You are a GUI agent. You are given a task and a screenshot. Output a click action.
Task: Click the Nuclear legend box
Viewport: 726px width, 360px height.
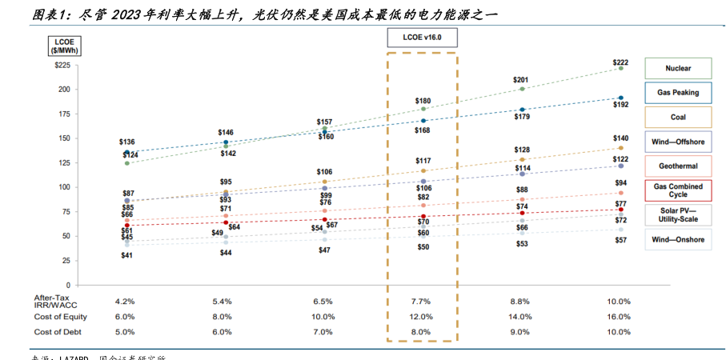click(x=678, y=68)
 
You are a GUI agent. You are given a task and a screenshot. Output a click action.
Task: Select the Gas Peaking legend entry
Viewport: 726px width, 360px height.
click(x=678, y=93)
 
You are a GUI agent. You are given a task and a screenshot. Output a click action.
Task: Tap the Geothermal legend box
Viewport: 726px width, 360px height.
click(x=678, y=166)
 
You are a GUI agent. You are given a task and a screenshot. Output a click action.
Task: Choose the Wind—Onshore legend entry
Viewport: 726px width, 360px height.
click(x=678, y=238)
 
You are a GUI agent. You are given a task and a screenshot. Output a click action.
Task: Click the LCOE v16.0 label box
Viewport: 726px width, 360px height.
click(x=421, y=38)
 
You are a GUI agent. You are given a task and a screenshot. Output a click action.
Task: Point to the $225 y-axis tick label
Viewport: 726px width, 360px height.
click(x=62, y=66)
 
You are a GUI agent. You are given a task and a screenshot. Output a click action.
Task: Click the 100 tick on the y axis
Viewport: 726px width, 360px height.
click(x=65, y=187)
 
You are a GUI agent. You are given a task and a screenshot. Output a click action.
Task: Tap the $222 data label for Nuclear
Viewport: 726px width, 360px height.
click(x=620, y=62)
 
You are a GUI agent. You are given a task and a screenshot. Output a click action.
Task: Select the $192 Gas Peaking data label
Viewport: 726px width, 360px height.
click(x=620, y=105)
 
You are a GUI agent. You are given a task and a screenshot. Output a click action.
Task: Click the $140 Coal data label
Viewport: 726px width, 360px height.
click(x=620, y=138)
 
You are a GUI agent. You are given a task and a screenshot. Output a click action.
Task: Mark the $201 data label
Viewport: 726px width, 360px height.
click(x=521, y=80)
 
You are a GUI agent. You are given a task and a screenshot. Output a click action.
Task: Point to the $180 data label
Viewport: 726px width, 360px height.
click(x=423, y=101)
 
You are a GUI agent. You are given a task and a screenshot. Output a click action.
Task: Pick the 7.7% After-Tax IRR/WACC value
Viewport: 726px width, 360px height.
click(x=422, y=302)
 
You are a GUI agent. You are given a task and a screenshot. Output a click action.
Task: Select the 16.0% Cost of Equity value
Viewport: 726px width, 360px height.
click(x=619, y=317)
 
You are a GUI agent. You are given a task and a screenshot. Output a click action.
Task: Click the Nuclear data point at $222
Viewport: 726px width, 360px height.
click(x=620, y=69)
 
